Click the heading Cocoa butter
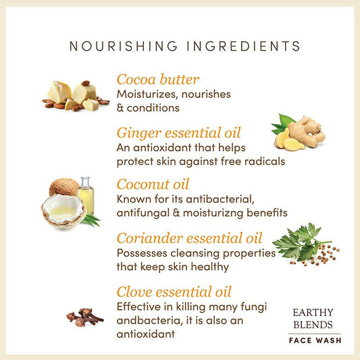tap(158, 80)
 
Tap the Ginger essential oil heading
tap(178, 133)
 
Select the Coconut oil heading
tap(153, 184)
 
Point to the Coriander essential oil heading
tap(189, 238)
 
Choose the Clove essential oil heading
tap(174, 292)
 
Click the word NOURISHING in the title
tap(124, 46)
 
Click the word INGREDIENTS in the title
tap(244, 46)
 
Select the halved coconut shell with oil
tap(63, 211)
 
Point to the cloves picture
tap(84, 317)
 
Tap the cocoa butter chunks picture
tap(76, 96)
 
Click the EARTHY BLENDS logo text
tap(313, 318)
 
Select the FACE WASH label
tap(315, 340)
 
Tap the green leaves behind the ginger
tap(283, 124)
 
